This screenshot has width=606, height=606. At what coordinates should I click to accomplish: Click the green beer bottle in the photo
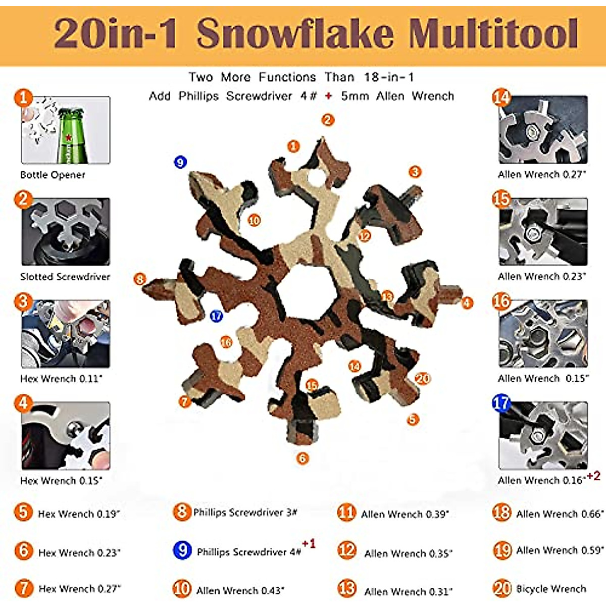tap(73, 135)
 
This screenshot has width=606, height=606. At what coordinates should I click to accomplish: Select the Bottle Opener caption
tap(53, 175)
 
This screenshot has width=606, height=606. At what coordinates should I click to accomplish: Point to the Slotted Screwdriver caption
tap(65, 277)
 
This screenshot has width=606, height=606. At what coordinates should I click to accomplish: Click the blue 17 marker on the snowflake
tap(216, 316)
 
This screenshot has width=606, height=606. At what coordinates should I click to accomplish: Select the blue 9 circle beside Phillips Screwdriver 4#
tap(182, 549)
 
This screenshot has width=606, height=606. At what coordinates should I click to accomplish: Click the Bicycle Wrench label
tap(551, 589)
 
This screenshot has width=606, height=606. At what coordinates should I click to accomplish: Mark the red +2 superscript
tap(593, 476)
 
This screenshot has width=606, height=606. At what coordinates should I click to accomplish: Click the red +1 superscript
tap(309, 543)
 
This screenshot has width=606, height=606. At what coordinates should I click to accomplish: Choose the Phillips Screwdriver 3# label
tap(245, 513)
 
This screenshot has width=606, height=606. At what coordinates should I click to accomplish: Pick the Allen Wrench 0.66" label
tap(560, 514)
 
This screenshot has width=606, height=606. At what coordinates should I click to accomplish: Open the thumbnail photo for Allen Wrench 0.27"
tap(543, 130)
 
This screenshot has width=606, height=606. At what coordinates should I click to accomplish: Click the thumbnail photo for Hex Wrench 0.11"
tap(65, 334)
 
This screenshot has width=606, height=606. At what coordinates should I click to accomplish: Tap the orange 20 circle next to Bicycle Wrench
tap(502, 588)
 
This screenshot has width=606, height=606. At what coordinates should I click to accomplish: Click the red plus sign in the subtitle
tap(329, 96)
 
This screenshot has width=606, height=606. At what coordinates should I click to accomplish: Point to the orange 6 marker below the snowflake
tap(302, 459)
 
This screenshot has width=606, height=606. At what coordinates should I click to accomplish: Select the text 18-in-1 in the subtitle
tap(388, 77)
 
